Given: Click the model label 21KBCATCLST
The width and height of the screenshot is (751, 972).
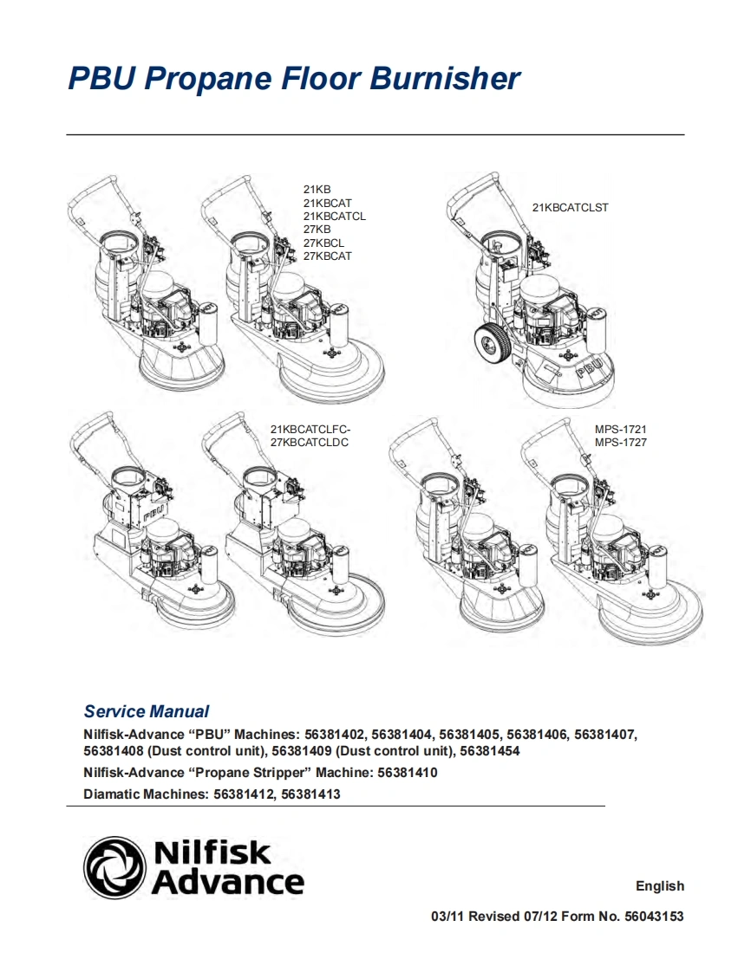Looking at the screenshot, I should coord(570,208).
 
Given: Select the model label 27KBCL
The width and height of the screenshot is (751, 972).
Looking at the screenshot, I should coord(323,243).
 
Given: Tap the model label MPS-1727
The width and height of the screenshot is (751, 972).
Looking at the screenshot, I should coord(620,443).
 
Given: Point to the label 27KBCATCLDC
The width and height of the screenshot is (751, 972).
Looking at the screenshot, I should coord(310,443).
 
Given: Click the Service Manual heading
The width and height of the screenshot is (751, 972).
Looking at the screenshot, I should coord(146,711).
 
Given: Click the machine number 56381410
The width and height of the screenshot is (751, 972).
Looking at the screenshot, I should coord(408,772).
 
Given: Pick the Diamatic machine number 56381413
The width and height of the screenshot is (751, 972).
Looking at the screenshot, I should coord(310,794).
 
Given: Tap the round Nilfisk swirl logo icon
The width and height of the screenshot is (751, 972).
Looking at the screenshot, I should coord(114,868).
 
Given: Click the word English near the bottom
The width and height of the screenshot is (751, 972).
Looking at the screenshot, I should coord(659,886).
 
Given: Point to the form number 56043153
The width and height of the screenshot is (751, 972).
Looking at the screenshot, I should coord(654,917).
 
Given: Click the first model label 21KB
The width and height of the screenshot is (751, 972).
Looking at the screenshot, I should coord(317,189).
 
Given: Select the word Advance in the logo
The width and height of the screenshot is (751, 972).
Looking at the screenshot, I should coord(228,883).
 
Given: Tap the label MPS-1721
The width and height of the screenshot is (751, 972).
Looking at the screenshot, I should coord(620,430).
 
